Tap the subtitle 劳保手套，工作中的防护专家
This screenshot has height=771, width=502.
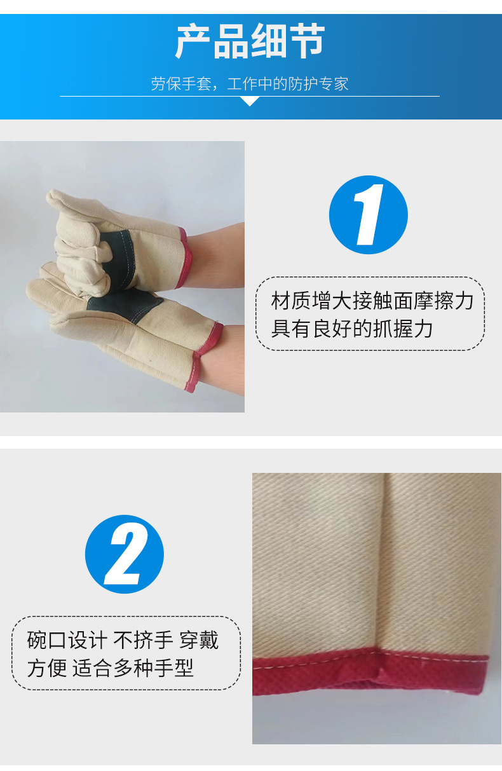(x=250, y=83)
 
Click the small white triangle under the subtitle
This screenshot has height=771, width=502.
(x=250, y=101)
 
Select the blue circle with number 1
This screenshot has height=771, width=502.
(x=368, y=215)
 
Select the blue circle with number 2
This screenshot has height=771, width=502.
(x=125, y=554)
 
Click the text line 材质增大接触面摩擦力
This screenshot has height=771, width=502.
(x=372, y=301)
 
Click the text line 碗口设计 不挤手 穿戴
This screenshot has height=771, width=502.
(x=123, y=640)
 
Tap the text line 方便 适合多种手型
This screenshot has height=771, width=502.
(x=110, y=668)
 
